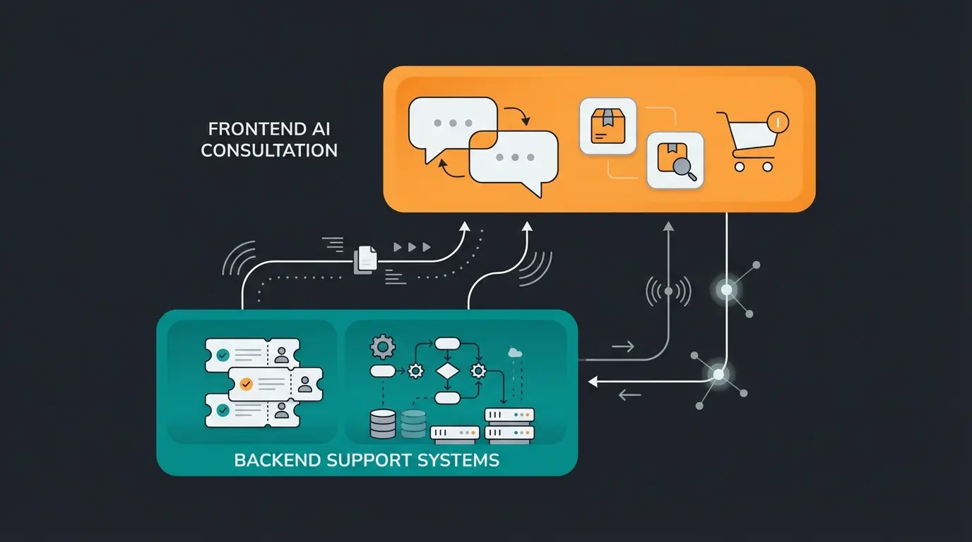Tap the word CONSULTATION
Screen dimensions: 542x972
click(269, 150)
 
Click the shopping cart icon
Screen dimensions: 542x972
click(747, 143)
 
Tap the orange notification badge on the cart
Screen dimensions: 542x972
click(777, 121)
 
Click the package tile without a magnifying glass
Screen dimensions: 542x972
click(607, 126)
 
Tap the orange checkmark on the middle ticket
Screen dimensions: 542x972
click(246, 384)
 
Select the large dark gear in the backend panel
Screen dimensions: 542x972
click(383, 347)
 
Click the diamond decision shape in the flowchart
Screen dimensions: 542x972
click(447, 371)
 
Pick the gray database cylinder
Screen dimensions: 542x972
click(383, 423)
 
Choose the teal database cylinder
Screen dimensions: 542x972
click(414, 423)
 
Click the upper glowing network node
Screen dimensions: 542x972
click(726, 289)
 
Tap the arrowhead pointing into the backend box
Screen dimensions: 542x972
click(594, 381)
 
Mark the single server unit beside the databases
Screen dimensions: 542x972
click(455, 433)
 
